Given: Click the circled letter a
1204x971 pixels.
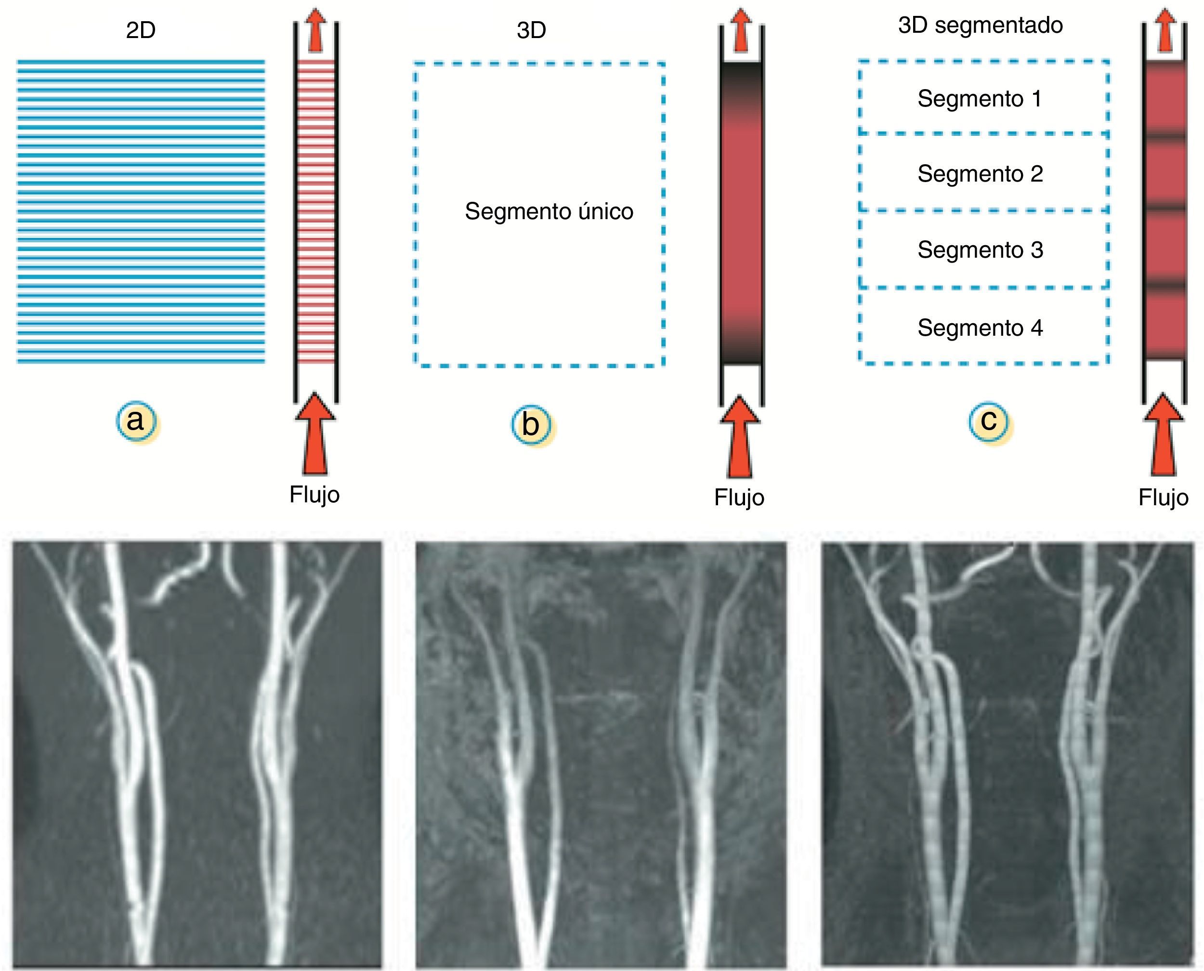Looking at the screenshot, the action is (136, 420).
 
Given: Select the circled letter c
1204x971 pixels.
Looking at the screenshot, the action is (989, 420).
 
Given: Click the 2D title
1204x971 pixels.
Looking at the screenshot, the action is (140, 30).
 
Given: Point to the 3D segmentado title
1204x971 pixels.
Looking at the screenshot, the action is (981, 25).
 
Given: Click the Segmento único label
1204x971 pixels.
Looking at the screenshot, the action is (549, 211).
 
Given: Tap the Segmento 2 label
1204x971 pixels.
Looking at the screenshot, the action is (980, 174).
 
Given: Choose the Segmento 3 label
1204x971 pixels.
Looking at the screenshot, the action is (980, 249).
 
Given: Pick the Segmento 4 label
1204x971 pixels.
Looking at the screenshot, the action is (980, 328).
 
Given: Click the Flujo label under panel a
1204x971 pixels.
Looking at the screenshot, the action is (314, 495).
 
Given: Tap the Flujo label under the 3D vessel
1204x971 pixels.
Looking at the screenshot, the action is (739, 497).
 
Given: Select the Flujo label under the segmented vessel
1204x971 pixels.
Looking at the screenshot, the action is (1163, 497).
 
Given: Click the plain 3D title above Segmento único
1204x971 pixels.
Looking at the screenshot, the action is (531, 30).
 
